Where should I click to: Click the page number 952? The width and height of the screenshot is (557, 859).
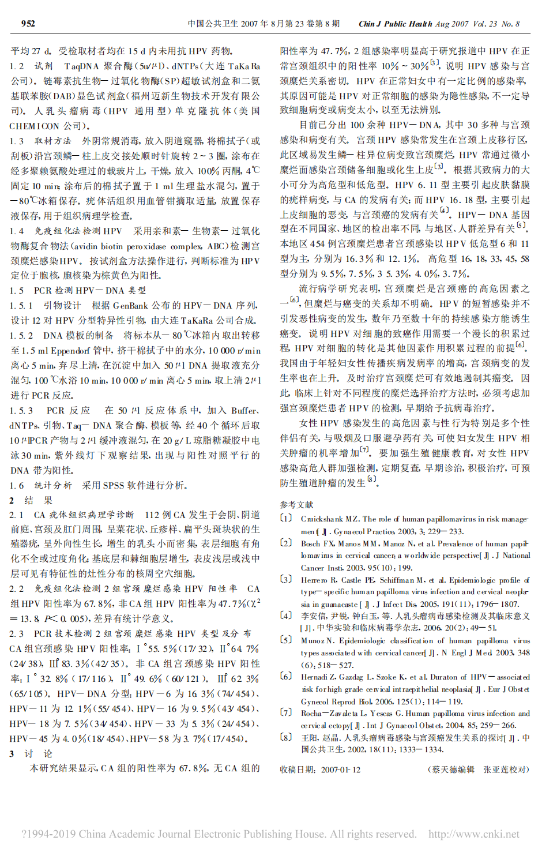click(28, 24)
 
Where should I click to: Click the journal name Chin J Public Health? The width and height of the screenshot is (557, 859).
click(395, 24)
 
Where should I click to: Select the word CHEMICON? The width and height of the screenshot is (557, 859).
click(34, 126)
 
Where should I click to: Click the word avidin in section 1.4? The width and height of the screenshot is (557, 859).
click(99, 246)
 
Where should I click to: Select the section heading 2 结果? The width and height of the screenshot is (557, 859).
click(31, 500)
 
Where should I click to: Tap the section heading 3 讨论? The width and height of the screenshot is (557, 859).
click(31, 753)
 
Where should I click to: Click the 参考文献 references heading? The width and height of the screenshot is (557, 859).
click(296, 504)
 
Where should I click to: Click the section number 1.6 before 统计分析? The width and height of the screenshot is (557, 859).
click(17, 485)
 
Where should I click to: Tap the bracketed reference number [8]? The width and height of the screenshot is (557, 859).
click(286, 737)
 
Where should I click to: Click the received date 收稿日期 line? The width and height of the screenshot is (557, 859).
click(320, 770)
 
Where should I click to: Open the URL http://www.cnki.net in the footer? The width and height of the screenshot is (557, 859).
click(473, 834)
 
